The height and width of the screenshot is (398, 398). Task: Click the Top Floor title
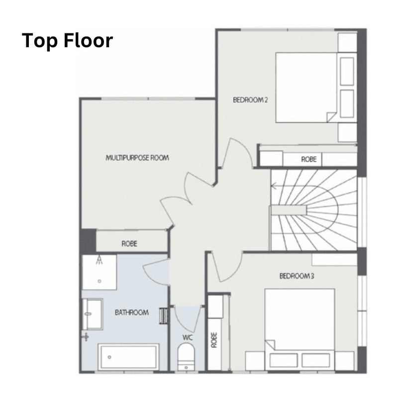coord(67,41)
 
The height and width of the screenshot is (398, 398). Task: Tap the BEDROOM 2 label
coord(250,99)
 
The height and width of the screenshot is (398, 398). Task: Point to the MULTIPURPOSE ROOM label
coord(137,158)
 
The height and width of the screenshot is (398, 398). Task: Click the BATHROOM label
coord(132,312)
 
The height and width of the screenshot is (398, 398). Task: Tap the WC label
coord(187,338)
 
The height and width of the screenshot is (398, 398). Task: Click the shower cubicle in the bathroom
coord(99,272)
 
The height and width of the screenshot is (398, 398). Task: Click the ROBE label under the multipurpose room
coord(129,244)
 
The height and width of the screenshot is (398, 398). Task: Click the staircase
coord(313,209)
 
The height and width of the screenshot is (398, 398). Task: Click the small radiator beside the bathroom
coord(163,315)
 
